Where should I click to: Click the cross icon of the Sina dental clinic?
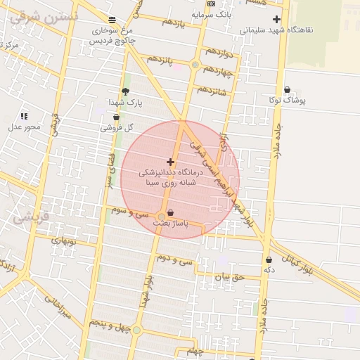click(x=170, y=162)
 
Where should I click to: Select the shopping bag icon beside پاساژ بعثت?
click(x=171, y=212)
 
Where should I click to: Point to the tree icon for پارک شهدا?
click(x=126, y=91)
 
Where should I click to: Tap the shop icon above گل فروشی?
click(x=116, y=117)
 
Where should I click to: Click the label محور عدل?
click(x=25, y=127)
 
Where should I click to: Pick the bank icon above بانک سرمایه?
click(x=212, y=4)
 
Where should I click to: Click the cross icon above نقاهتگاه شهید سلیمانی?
click(x=276, y=20)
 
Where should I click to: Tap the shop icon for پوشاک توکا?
click(x=288, y=90)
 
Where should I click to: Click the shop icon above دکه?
click(x=269, y=260)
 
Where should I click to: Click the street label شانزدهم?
click(x=211, y=91)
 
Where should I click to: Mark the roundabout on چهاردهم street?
click(x=195, y=65)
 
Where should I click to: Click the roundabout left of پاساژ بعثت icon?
click(x=162, y=215)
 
